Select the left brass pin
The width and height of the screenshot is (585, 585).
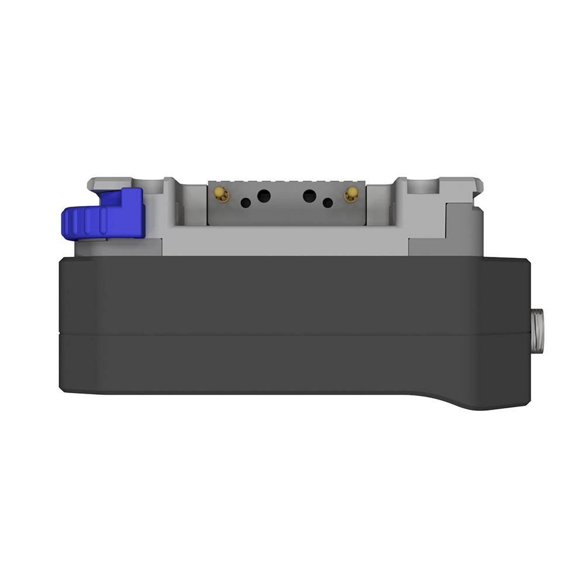[221, 194]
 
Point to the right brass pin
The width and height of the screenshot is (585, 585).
[351, 194]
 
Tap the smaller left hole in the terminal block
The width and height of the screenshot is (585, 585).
[246, 203]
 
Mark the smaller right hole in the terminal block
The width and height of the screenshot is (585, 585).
[328, 203]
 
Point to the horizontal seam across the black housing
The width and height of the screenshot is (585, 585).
[292, 334]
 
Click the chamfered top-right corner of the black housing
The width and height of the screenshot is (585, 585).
[525, 262]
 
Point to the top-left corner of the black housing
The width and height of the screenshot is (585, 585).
[62, 261]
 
